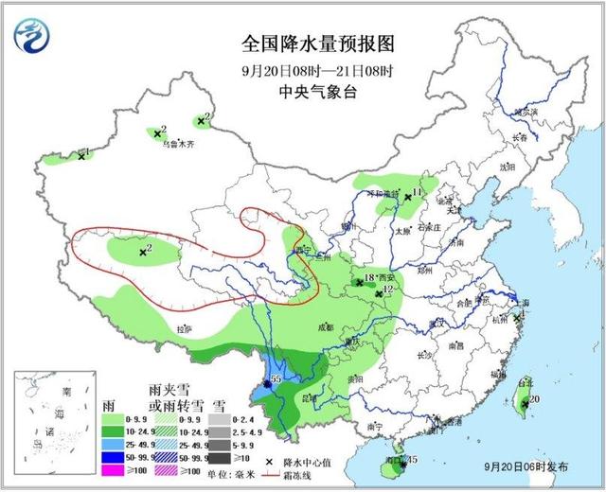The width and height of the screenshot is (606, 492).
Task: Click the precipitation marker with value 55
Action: [x=267, y=383]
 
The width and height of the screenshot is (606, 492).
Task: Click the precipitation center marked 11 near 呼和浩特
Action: [x=407, y=197]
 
